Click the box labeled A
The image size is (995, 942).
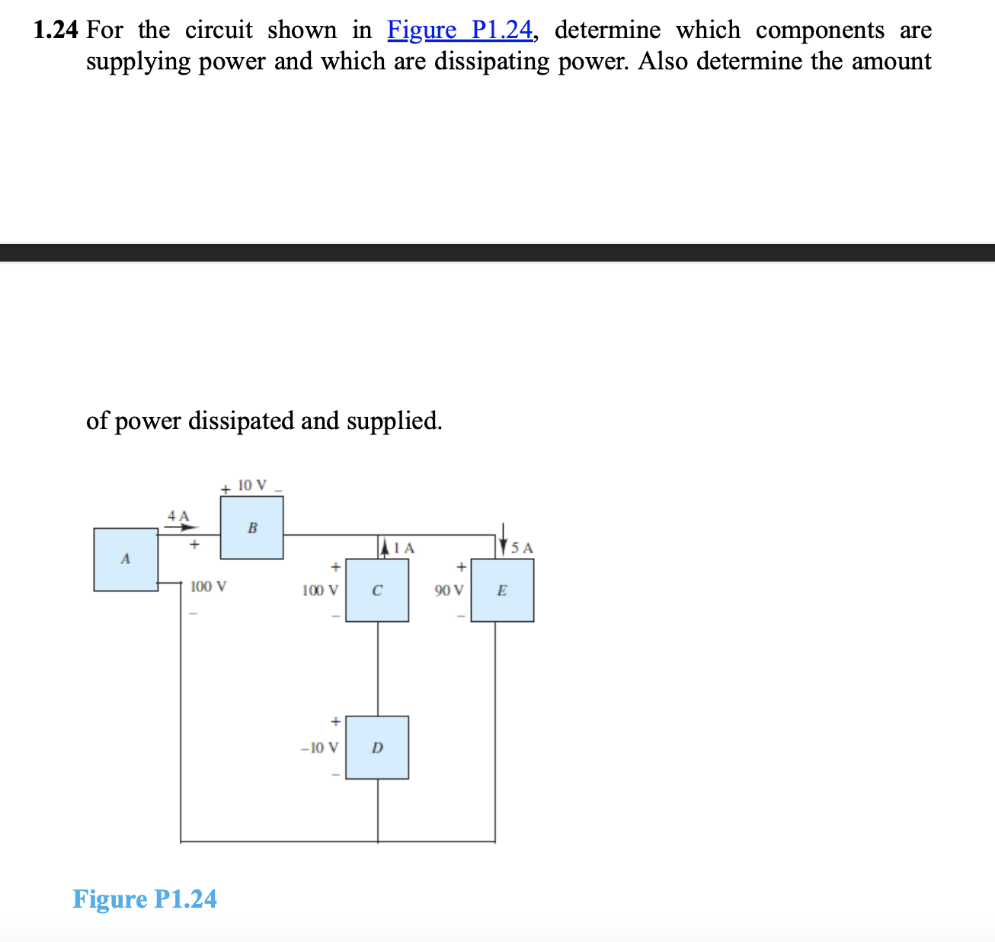[126, 559]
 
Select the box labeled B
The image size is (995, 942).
[252, 527]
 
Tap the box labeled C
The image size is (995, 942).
[377, 591]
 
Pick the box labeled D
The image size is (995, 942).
[377, 748]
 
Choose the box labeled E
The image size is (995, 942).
[502, 591]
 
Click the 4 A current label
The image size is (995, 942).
[178, 516]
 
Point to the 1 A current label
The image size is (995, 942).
[406, 548]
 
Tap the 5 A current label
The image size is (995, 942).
[523, 548]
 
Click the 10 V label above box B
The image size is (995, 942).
[252, 485]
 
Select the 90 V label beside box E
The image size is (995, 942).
[448, 591]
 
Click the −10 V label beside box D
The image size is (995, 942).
[320, 748]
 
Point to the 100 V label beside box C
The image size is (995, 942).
[320, 591]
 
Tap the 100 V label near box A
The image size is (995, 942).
[208, 587]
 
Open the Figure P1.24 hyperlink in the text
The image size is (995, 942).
[460, 30]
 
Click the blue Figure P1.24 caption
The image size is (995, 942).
[145, 899]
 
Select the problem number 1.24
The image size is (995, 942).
[56, 30]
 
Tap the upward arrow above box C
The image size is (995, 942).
[386, 546]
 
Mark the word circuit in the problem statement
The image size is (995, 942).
[219, 30]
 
